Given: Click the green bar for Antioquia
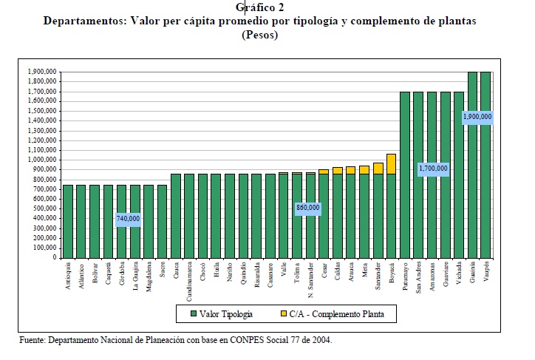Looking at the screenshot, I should (68, 221).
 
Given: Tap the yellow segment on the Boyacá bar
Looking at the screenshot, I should (392, 163).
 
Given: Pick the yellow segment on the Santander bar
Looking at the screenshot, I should (378, 168).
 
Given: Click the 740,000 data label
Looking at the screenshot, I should (129, 220).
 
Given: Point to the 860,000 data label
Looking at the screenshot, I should (307, 208).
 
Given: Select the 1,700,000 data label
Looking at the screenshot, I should (432, 169).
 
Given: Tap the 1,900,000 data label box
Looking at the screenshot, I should (477, 116).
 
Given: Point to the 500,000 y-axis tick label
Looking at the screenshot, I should (44, 208).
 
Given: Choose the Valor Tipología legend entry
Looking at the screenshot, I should (221, 314).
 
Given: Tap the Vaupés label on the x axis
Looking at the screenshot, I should (486, 271).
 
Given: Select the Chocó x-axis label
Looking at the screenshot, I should (202, 272).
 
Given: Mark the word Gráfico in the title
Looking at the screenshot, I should (254, 7).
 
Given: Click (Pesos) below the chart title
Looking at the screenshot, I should (259, 35).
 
